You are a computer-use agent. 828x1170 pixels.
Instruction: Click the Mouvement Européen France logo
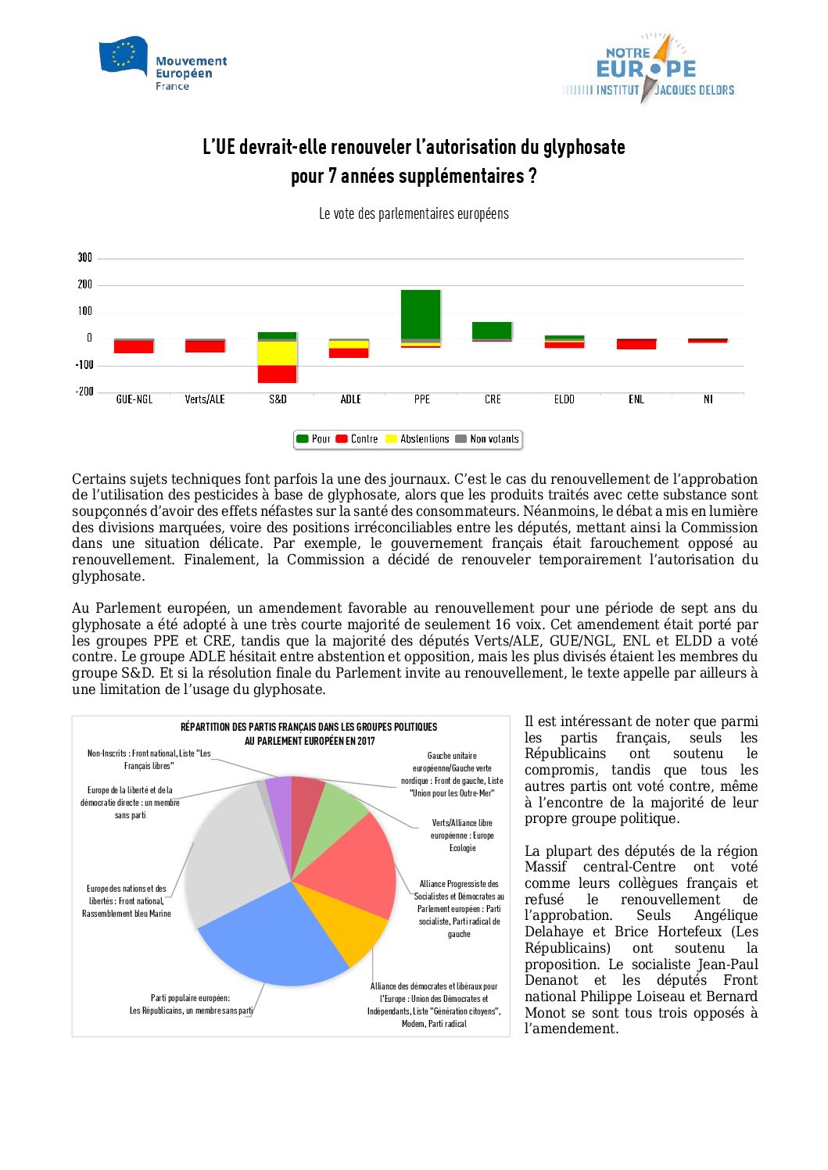163,63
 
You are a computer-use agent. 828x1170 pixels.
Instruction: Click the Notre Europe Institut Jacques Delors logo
648,70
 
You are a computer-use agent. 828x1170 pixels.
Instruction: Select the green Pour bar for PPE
421,313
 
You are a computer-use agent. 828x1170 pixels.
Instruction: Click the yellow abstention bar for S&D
278,353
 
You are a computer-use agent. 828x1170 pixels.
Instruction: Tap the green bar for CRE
492,330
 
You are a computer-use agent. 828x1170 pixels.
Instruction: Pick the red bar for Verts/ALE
205,346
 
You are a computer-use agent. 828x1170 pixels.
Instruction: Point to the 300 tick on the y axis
84,257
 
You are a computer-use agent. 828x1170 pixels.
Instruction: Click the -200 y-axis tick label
84,392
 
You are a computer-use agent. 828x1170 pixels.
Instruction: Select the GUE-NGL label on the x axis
134,399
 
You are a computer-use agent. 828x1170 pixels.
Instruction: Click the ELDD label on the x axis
564,399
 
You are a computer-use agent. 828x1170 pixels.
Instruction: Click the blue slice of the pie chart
266,938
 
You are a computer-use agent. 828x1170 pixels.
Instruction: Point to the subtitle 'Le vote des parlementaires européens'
414,213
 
